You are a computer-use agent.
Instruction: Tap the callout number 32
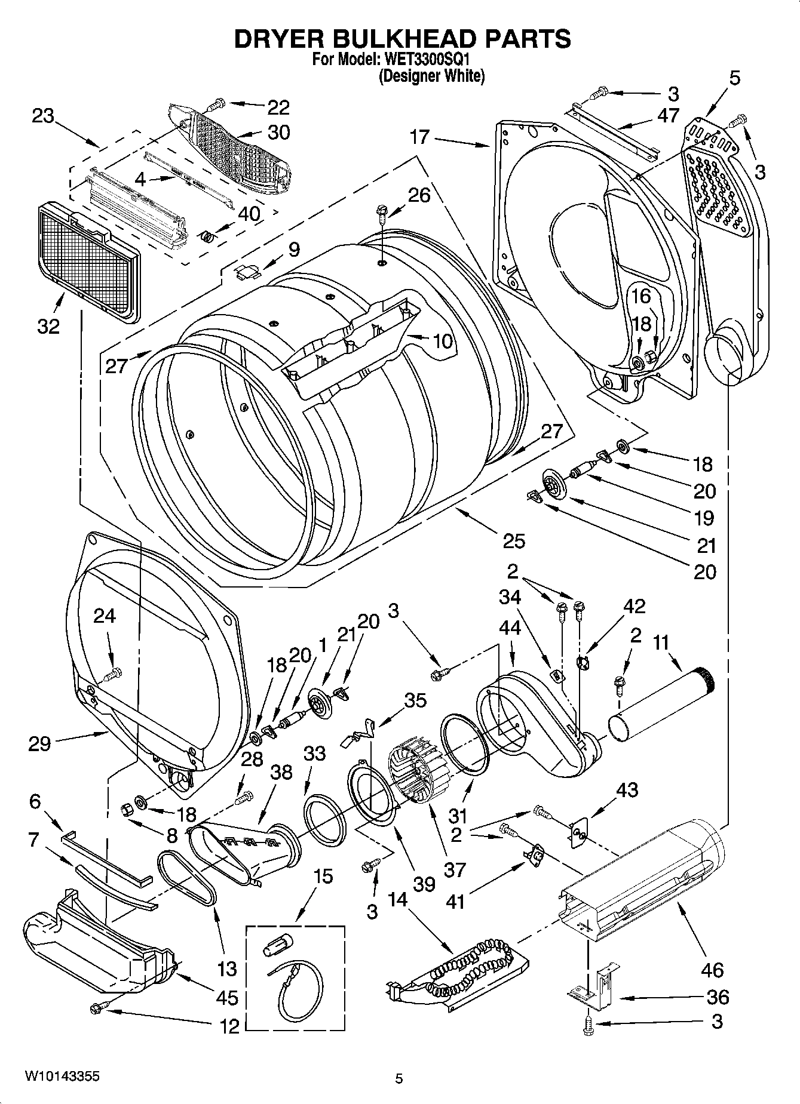click(49, 326)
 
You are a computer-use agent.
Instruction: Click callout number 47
click(668, 115)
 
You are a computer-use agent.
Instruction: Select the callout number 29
click(39, 743)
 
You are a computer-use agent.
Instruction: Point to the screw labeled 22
click(216, 105)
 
